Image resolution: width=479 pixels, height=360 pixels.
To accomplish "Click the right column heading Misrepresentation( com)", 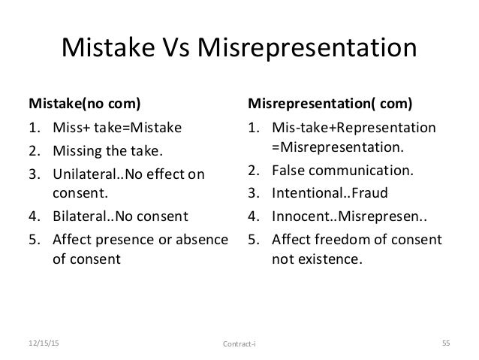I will [x=330, y=101].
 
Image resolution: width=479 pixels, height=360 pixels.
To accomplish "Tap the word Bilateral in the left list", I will [x=78, y=217].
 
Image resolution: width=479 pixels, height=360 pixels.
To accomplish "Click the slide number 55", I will [x=444, y=344].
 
